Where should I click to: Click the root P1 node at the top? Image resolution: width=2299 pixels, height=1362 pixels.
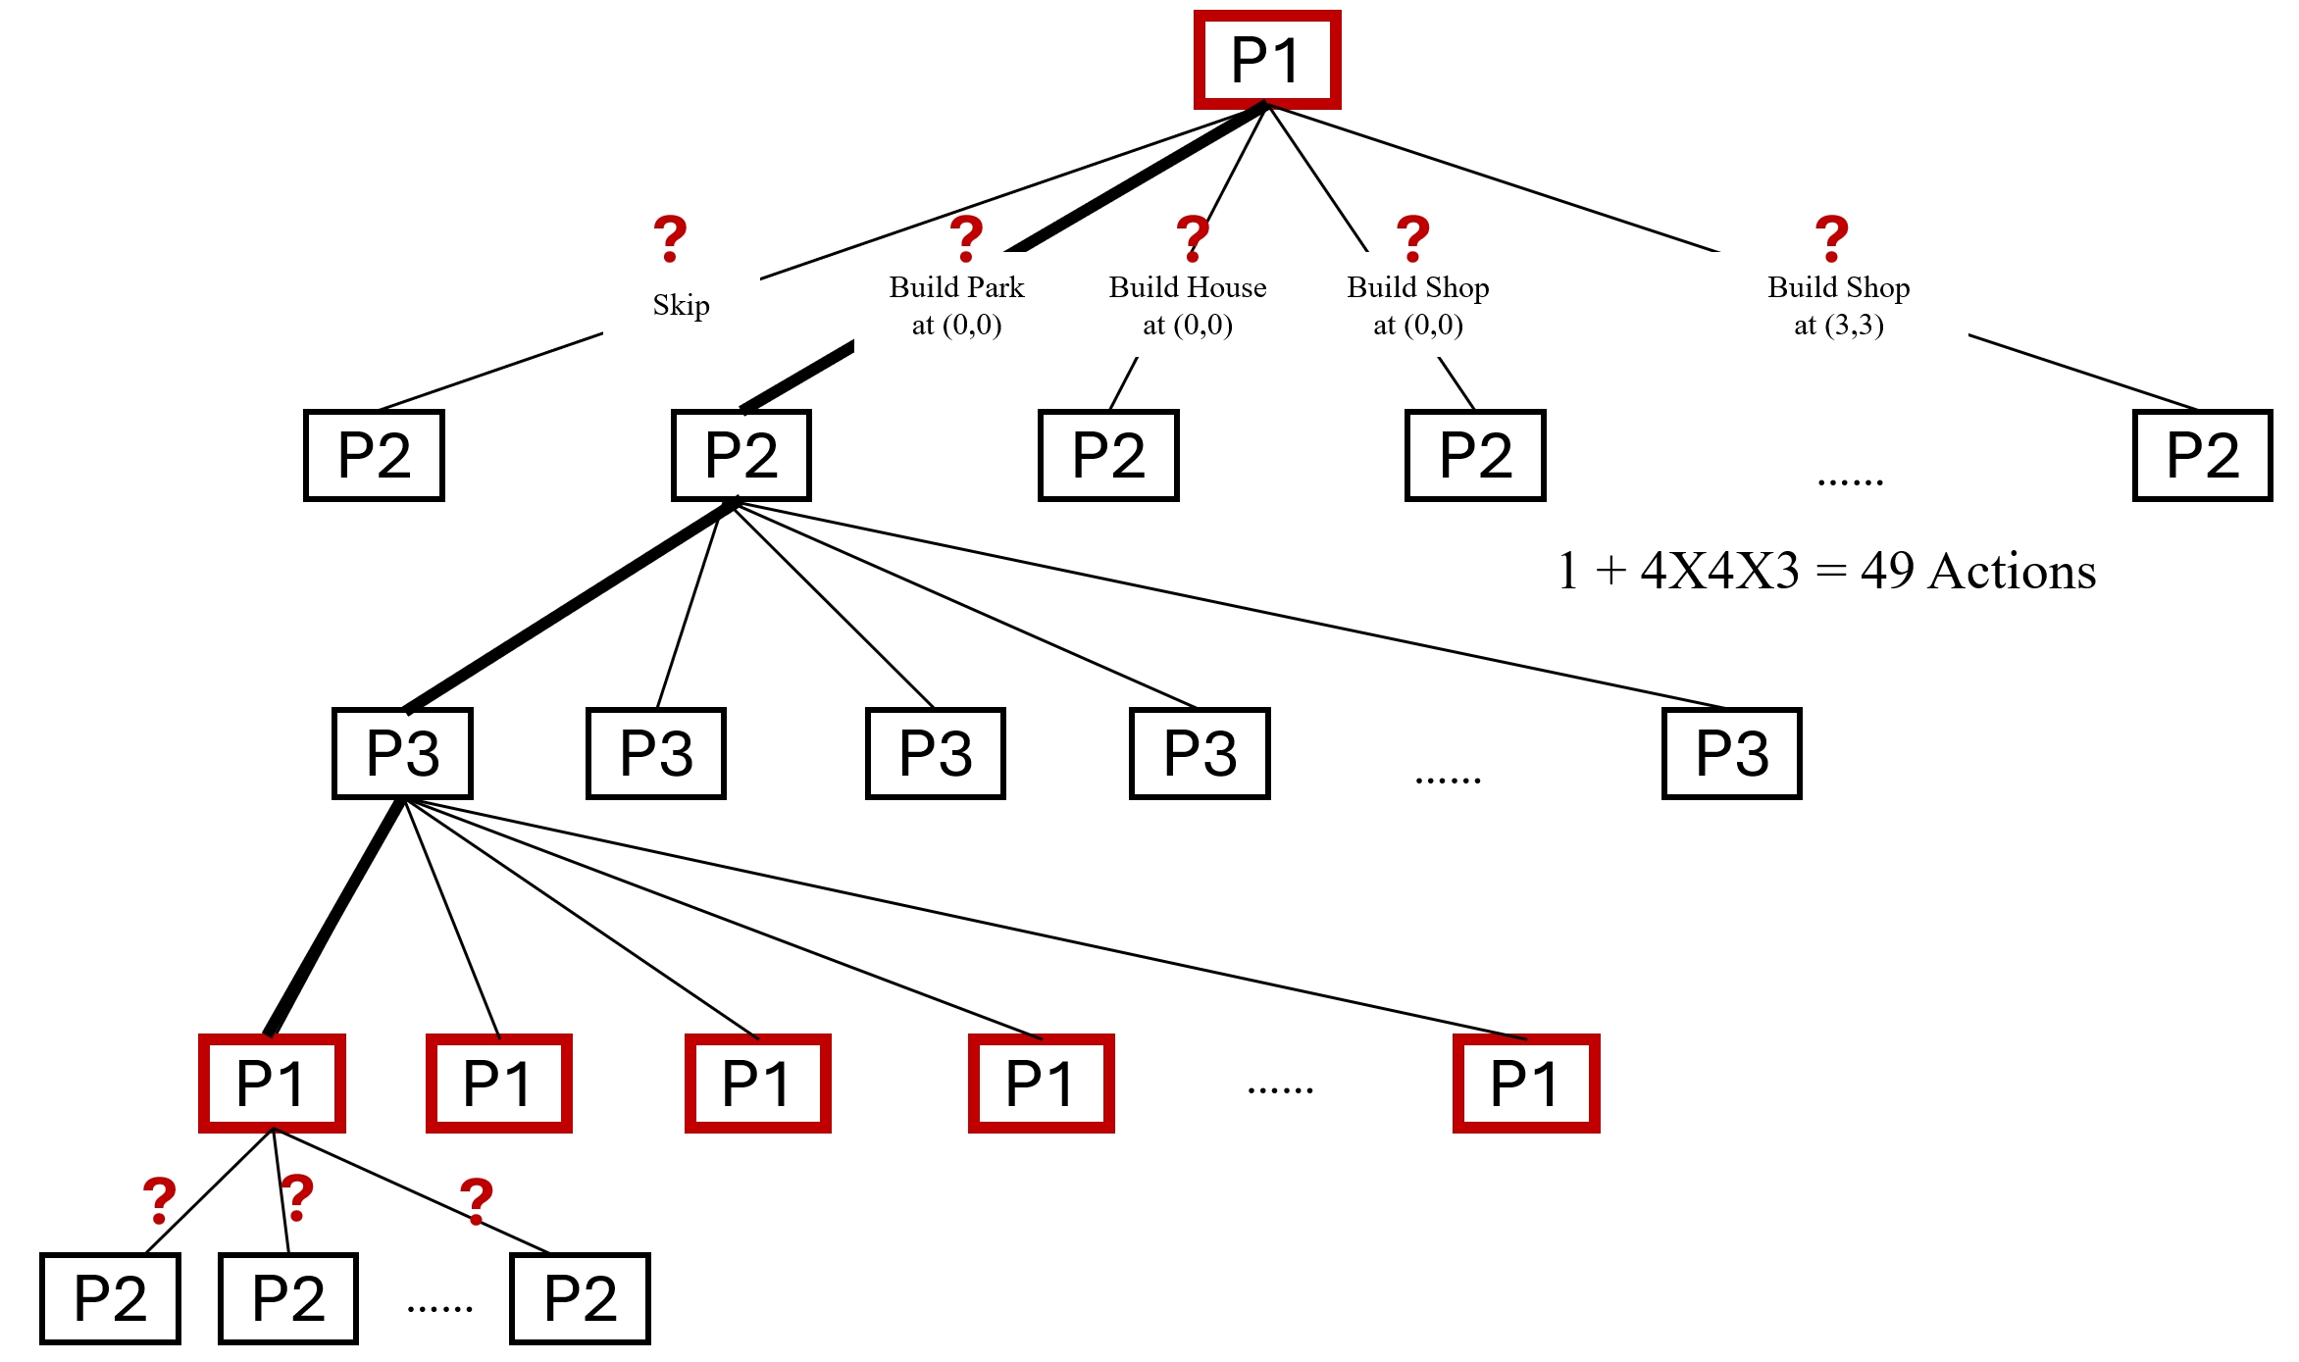click(x=1266, y=60)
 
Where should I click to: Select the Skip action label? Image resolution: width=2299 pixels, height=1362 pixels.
click(x=681, y=305)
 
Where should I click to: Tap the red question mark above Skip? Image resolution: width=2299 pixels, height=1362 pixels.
click(x=670, y=238)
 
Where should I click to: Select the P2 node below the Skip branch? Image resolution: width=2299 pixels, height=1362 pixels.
click(x=374, y=456)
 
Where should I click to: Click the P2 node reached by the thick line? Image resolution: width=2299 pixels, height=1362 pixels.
click(x=741, y=456)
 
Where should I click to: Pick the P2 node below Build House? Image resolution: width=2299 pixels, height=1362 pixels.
click(x=1108, y=456)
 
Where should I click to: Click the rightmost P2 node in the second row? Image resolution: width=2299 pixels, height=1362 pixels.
click(x=2202, y=456)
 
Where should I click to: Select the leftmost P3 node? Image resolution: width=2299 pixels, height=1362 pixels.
click(x=402, y=753)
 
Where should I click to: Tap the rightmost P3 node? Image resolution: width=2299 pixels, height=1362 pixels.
click(x=1731, y=753)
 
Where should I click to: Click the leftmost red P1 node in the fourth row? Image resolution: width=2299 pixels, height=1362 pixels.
click(x=272, y=1084)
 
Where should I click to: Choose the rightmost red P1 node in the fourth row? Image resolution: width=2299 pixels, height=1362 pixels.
click(x=1525, y=1084)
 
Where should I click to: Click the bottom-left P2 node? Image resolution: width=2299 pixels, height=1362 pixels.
click(x=110, y=1299)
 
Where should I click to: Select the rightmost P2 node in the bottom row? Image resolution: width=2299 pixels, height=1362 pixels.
click(x=580, y=1299)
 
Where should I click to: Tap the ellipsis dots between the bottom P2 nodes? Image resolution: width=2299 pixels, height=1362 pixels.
click(x=439, y=1309)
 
